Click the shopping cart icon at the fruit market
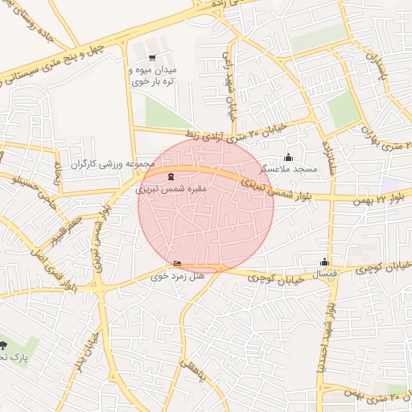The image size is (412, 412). click(152, 58)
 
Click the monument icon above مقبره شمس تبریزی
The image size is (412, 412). click(169, 177)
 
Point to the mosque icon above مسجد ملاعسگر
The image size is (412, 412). click(288, 158)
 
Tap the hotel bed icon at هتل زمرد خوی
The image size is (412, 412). click(177, 264)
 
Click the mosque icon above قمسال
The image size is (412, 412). click(324, 262)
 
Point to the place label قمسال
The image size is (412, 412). click(324, 274)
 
